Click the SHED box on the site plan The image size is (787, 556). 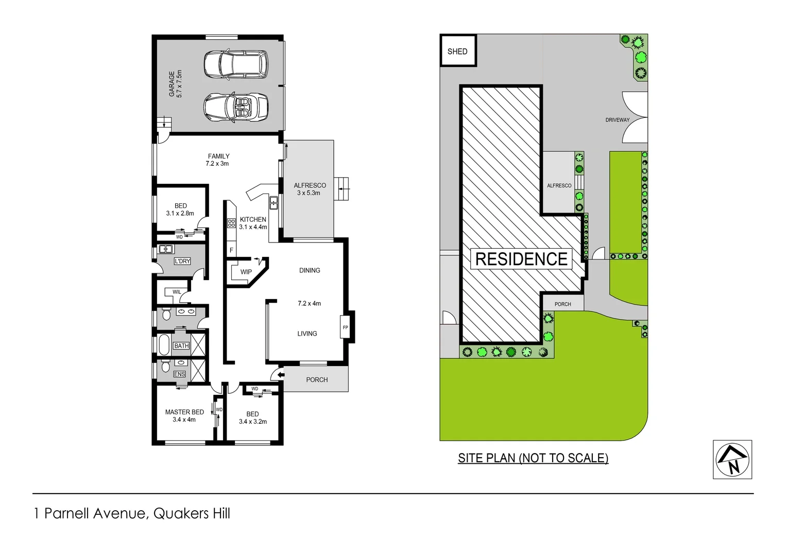point(458,50)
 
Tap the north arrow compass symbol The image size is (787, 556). point(732,459)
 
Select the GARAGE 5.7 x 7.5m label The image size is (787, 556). point(176,84)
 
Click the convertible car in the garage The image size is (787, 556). point(236,107)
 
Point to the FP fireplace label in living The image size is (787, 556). point(346,327)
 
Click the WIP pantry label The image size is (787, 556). point(246,272)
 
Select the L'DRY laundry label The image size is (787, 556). point(182,261)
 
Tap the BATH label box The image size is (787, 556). point(181,345)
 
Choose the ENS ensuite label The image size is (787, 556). point(179,374)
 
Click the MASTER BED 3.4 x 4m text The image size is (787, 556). point(184,415)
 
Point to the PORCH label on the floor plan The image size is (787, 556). point(317,379)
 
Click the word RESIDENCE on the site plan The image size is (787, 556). point(521,259)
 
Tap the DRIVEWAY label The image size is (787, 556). point(617,120)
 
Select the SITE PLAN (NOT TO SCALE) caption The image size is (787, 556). point(533,458)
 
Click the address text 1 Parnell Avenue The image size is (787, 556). point(132,513)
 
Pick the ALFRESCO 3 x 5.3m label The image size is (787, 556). point(310,189)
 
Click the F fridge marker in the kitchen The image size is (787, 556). point(231,250)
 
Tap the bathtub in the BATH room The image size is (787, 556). point(164,345)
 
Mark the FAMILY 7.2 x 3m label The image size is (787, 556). point(218,160)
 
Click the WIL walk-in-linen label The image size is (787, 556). point(177,292)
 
